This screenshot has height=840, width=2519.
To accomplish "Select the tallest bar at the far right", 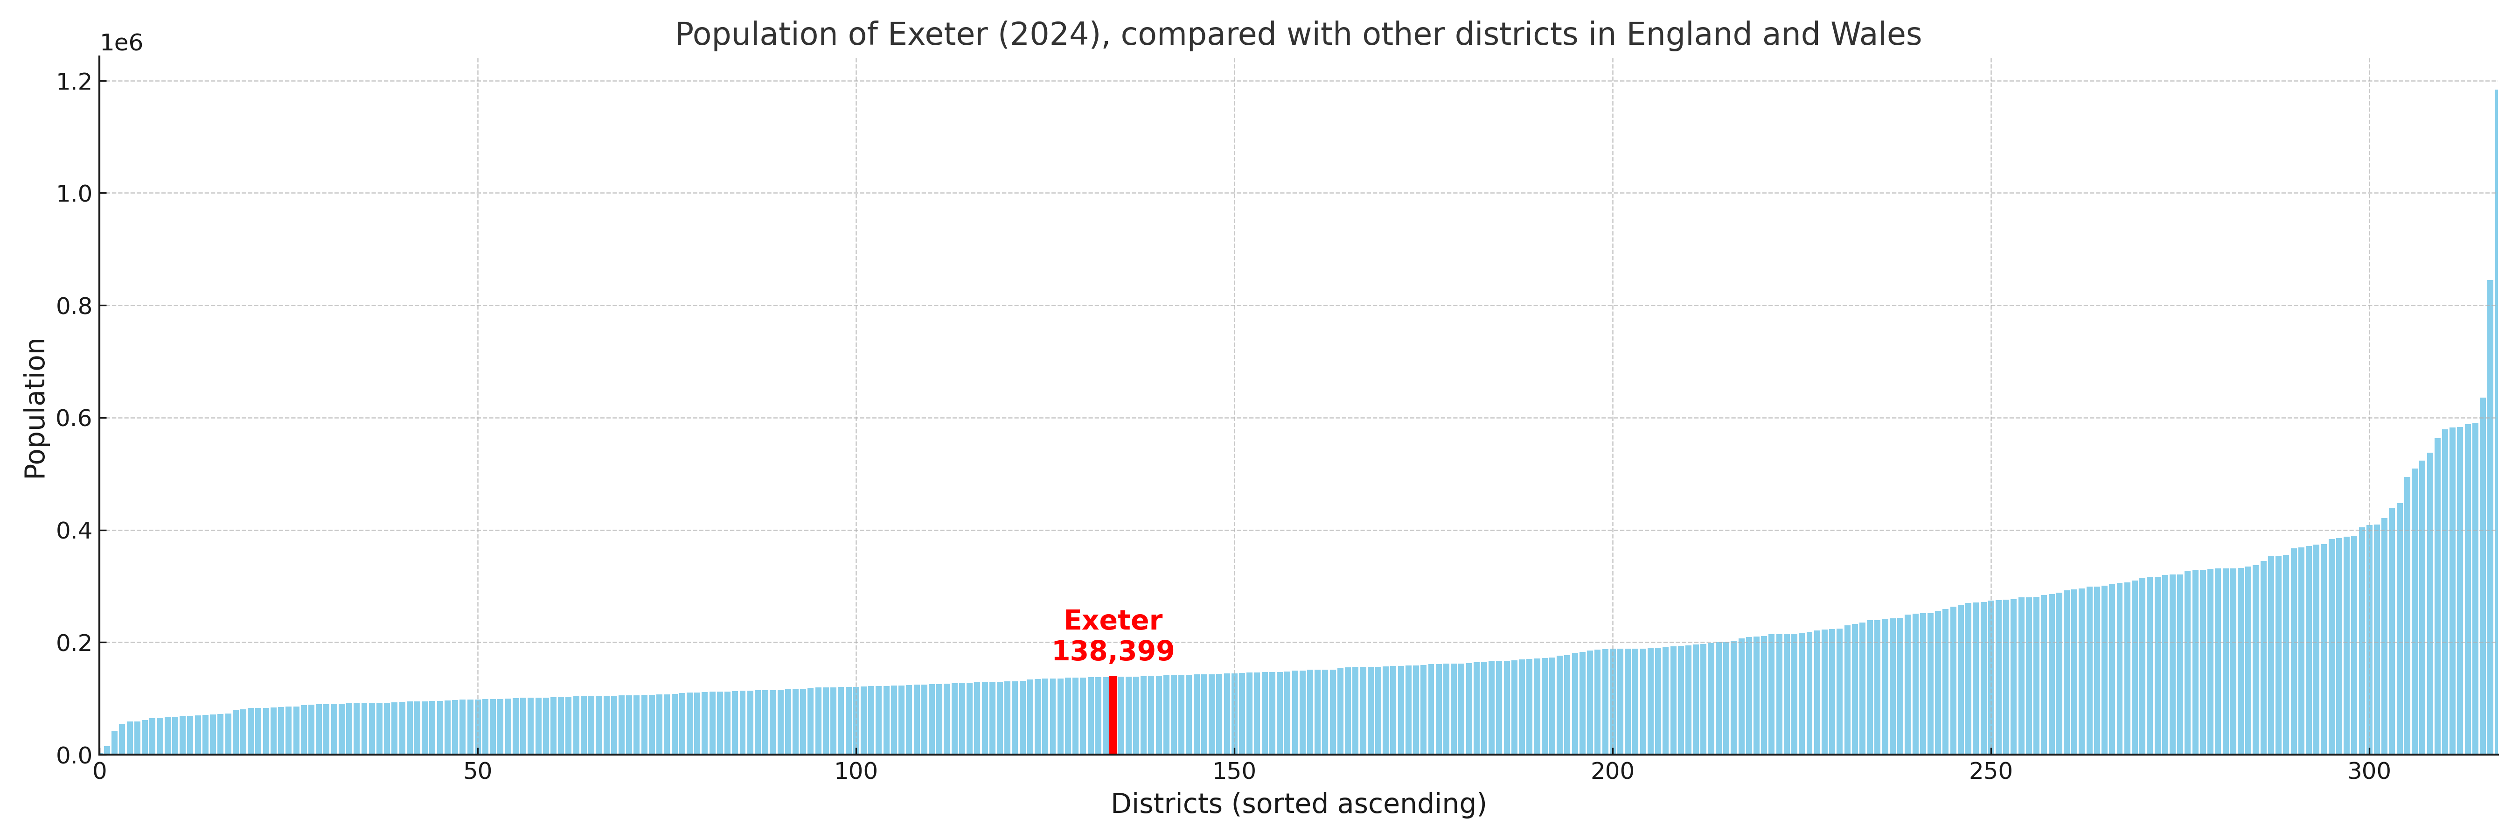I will (2496, 420).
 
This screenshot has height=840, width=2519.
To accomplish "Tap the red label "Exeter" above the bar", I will (1113, 621).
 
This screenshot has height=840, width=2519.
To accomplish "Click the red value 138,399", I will (1113, 651).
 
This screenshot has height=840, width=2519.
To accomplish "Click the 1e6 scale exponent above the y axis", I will (121, 43).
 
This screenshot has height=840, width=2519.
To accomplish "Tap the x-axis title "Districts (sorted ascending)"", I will (1298, 804).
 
